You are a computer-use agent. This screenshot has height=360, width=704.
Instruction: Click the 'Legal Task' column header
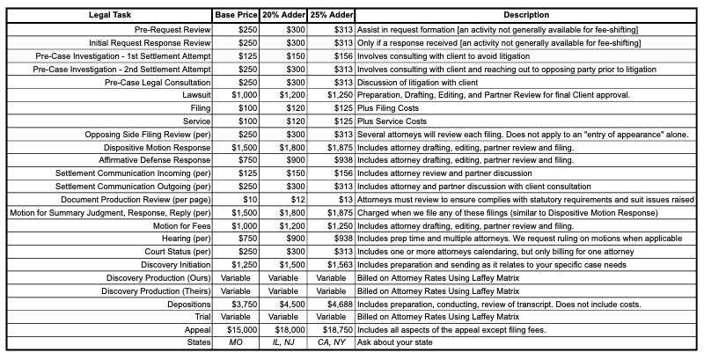point(108,16)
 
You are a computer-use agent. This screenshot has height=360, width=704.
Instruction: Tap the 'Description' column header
point(526,16)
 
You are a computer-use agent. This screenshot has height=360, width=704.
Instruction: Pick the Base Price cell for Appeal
point(235,329)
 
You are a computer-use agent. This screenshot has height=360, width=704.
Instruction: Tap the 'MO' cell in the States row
point(236,342)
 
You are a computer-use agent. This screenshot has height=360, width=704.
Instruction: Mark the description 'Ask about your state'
point(397,342)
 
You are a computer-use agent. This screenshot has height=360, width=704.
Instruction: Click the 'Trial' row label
point(202,316)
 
